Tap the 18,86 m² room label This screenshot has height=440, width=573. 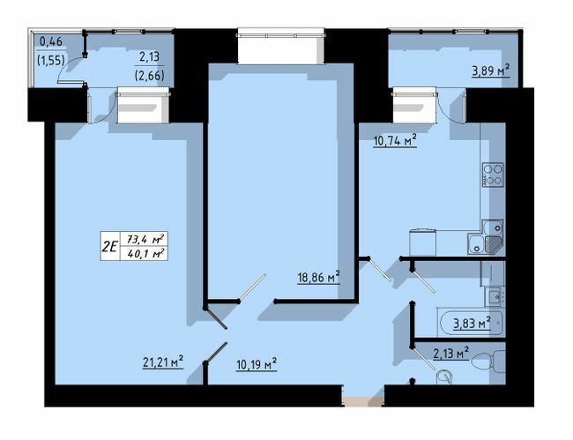(318, 277)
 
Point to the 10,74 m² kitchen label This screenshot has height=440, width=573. (394, 139)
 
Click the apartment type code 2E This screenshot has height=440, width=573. (109, 247)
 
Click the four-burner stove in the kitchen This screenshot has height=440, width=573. (493, 175)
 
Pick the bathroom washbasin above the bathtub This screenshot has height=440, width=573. (494, 295)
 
